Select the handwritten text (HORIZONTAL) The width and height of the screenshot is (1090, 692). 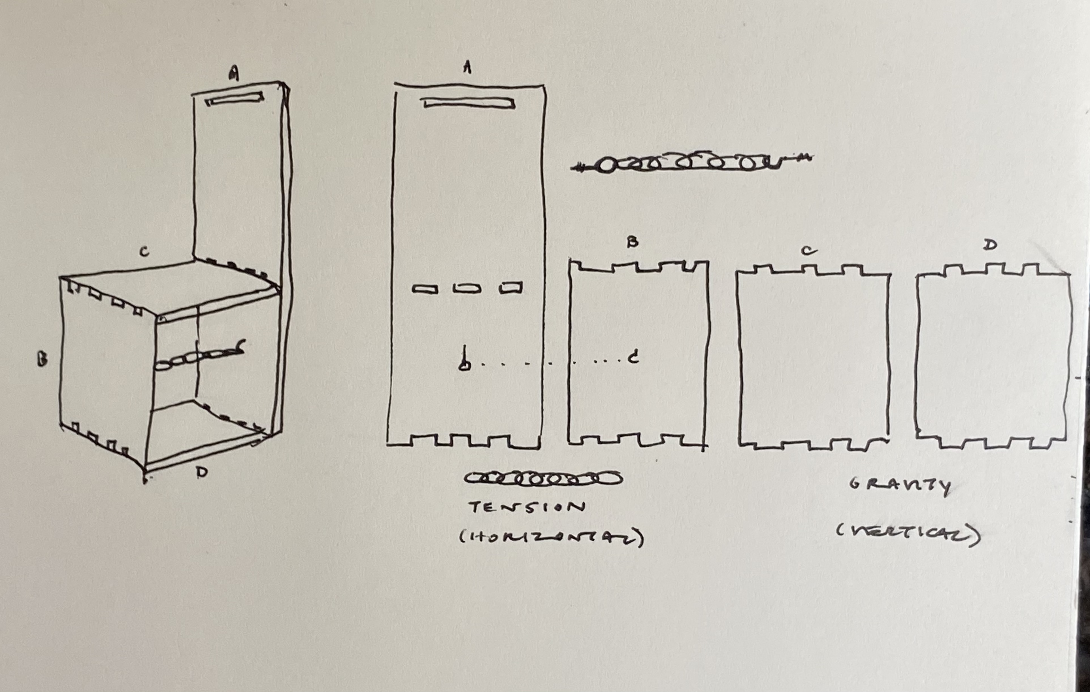(551, 538)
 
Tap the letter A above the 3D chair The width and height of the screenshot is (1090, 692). (234, 73)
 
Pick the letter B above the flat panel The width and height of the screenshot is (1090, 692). (632, 242)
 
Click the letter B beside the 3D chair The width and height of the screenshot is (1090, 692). (42, 360)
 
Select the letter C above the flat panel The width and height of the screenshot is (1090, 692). (809, 251)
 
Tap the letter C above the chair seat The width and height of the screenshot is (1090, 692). (144, 252)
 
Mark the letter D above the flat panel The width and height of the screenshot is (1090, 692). (990, 245)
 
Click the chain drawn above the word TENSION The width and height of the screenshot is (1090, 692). (543, 478)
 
